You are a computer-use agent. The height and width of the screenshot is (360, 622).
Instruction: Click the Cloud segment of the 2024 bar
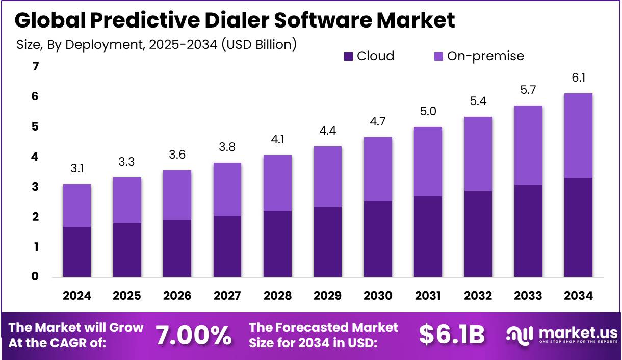pos(77,252)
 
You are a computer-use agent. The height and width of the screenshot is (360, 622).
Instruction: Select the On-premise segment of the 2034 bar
pos(578,136)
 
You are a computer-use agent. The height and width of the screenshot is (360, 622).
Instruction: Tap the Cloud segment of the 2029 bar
pos(328,242)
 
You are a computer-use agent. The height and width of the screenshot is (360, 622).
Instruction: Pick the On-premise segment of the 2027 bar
pos(227,189)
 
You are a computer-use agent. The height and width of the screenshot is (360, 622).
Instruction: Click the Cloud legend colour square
pos(349,56)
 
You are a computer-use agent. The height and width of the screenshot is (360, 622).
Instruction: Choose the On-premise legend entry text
pos(485,56)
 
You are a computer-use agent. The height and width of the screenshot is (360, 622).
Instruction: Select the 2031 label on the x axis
pos(428,296)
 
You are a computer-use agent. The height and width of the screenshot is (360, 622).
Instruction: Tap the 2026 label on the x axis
pos(177,296)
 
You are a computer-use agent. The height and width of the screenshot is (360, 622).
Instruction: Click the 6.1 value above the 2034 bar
pos(578,78)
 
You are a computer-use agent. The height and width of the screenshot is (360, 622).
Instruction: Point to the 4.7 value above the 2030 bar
pos(378,122)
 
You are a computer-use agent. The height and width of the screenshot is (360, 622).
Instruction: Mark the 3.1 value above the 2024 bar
pos(77,169)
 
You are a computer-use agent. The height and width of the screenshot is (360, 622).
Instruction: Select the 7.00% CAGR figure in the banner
pos(193,335)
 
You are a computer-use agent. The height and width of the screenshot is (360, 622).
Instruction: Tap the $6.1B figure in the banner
pos(452,335)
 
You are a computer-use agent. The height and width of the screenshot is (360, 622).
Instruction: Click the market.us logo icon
pos(519,335)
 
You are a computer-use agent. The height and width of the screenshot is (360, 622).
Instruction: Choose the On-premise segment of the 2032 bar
pos(478,154)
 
